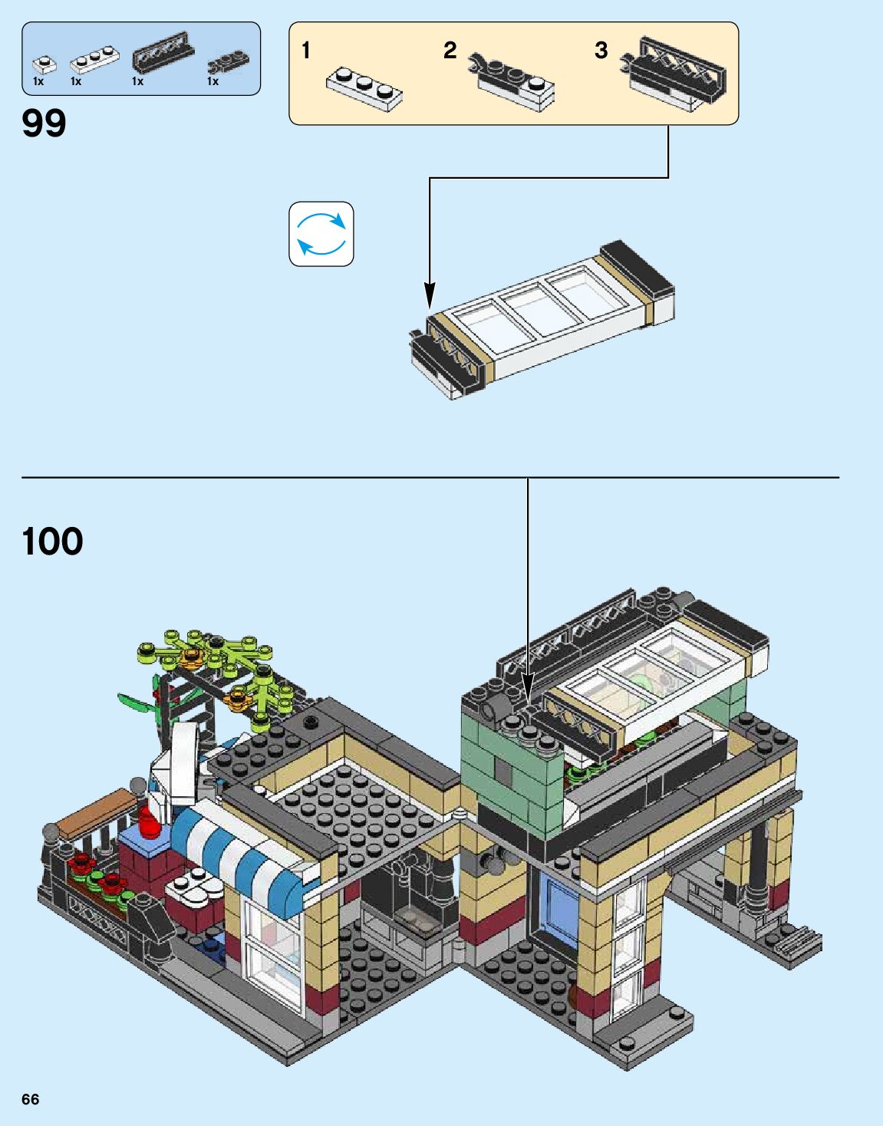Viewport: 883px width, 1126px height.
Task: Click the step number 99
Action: (x=44, y=123)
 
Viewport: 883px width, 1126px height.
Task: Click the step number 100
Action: (x=52, y=542)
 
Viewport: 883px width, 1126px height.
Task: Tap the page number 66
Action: (x=30, y=1099)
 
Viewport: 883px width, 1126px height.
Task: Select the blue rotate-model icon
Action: (x=321, y=234)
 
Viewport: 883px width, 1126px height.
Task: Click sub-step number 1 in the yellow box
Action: (x=306, y=51)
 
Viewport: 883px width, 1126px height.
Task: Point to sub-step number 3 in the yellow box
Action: (x=601, y=51)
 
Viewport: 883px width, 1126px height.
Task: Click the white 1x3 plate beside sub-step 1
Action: (x=364, y=88)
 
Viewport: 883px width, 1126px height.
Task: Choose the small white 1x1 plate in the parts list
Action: (x=44, y=64)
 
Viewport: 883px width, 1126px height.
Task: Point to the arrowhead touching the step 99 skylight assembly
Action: (x=430, y=296)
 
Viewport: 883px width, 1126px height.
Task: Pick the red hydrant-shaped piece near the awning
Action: (x=149, y=821)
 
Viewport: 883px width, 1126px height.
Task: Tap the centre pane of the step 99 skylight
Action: (x=529, y=308)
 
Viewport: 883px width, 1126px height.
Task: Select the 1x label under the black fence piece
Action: (x=137, y=81)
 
